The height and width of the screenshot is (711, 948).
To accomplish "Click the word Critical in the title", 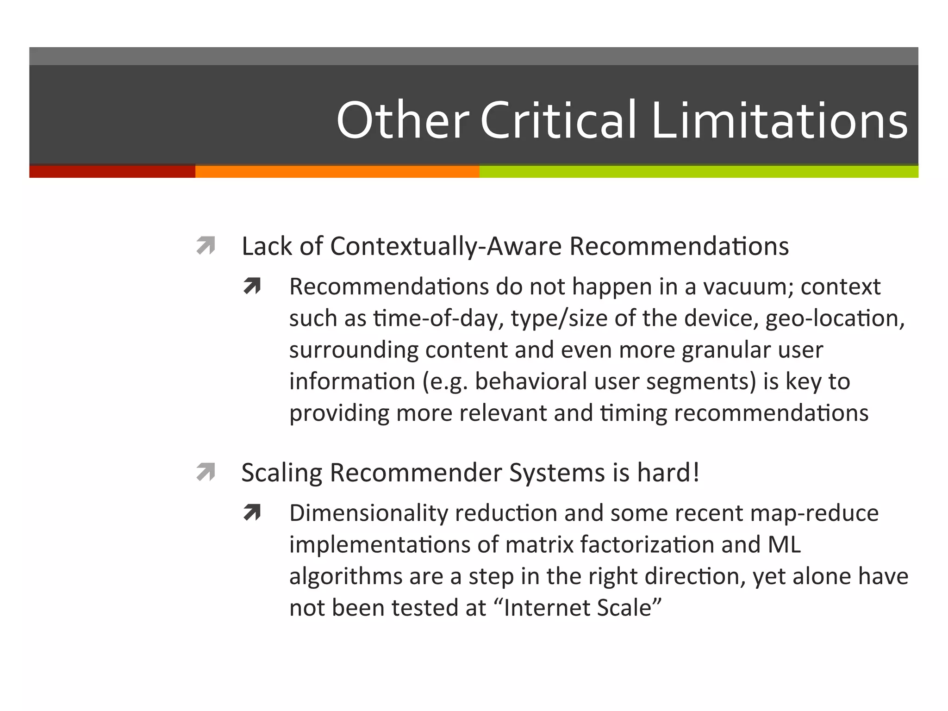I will pos(558,120).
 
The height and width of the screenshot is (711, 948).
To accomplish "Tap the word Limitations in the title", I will pos(780,120).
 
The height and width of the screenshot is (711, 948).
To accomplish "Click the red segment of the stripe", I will pos(112,172).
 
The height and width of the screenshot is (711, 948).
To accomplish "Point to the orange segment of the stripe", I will pos(337,172).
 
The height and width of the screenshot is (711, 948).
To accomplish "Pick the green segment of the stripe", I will pos(699,172).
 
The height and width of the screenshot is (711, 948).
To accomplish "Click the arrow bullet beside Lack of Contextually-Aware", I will pos(206,246).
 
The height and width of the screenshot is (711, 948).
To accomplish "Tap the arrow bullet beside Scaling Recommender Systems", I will pos(206,472).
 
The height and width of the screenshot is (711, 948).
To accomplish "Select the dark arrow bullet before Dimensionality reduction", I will pos(252,513).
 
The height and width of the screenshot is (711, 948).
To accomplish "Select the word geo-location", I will pos(835,318).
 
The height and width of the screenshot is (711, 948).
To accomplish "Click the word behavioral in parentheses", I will pos(531,381).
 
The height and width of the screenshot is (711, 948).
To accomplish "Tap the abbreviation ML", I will pos(784,544).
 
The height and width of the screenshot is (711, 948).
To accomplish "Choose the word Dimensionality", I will pos(368,513).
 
